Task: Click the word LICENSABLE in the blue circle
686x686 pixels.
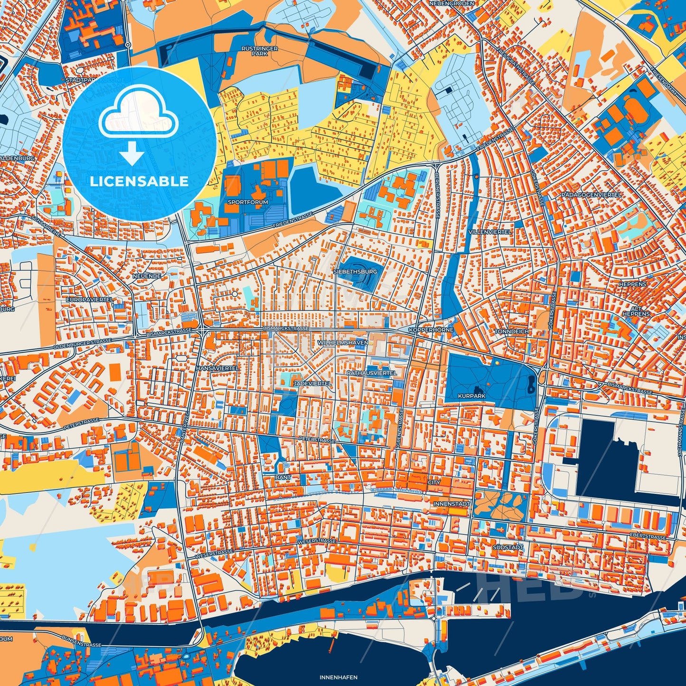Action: point(139,181)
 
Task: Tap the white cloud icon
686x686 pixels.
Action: point(138,116)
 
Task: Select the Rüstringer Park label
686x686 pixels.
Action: point(260,51)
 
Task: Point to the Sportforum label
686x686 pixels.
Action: point(248,202)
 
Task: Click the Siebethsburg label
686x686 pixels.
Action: point(355,272)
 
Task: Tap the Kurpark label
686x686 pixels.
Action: point(471,395)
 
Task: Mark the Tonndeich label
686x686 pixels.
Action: point(511,331)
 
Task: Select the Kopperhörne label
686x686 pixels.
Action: point(431,329)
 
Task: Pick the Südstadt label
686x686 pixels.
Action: point(508,547)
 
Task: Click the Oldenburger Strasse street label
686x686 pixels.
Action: point(82,344)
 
